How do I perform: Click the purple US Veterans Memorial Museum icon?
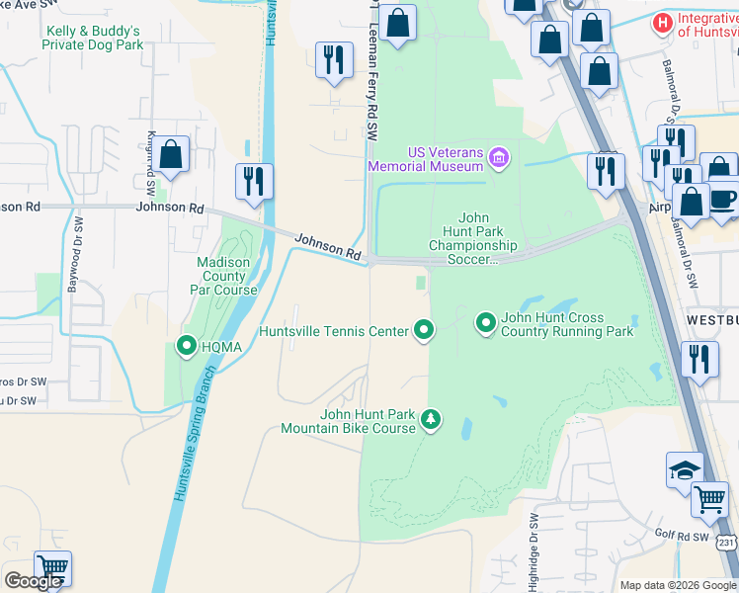(x=499, y=157)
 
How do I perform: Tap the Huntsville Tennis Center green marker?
(x=424, y=330)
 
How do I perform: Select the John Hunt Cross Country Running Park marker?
(x=486, y=322)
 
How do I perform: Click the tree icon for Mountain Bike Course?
(x=431, y=420)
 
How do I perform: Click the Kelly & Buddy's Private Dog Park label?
(x=95, y=38)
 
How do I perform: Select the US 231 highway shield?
(x=727, y=543)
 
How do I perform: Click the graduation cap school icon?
(x=685, y=470)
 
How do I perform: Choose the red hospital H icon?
(x=664, y=22)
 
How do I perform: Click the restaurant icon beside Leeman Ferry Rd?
(x=334, y=59)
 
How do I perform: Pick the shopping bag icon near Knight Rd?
(x=170, y=154)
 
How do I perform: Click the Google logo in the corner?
(x=33, y=581)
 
